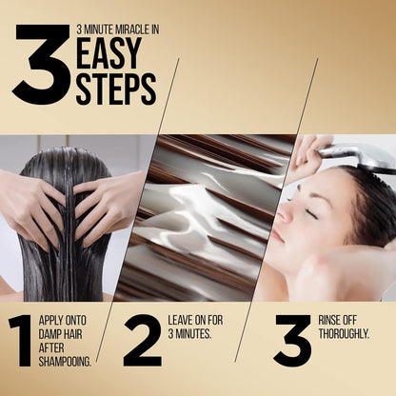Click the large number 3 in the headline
coord(41,65)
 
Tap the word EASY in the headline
coord(109,53)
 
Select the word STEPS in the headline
coord(116,89)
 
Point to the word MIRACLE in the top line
coord(133,30)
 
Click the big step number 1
coord(21,341)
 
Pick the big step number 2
coord(143,341)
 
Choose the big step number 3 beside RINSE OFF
coord(292,341)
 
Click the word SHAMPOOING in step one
coord(65,362)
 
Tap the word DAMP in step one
coord(50,334)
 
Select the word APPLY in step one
coord(51,321)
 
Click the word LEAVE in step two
coord(181,320)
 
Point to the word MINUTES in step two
coord(193,334)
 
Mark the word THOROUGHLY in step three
coord(344,334)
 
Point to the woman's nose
coord(285,213)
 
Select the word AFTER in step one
coord(51,348)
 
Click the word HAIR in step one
coord(73,334)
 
